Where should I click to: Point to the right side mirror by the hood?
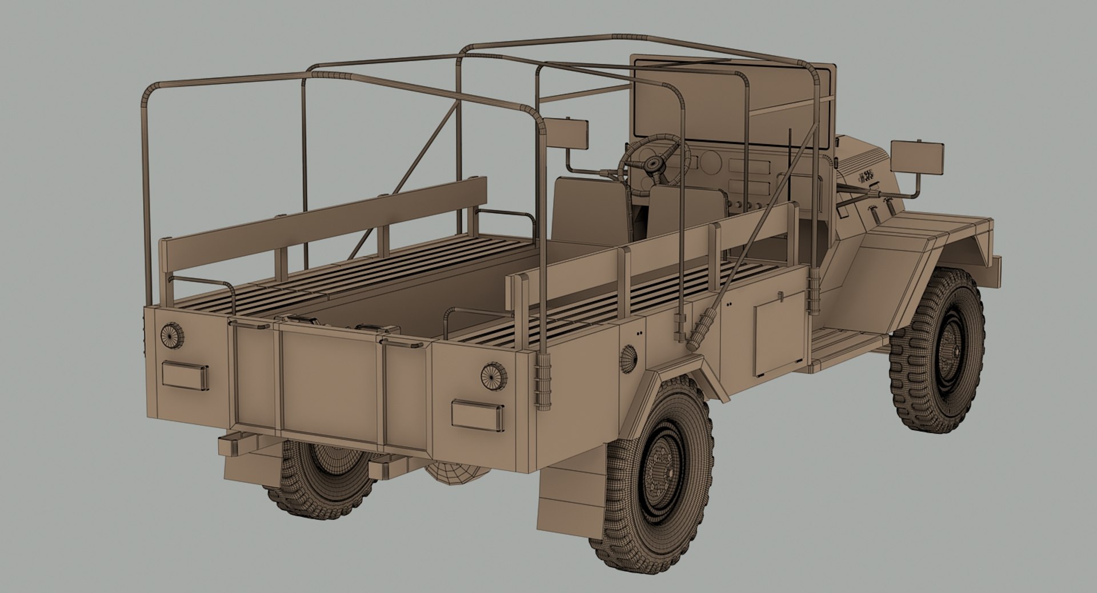click(x=917, y=157)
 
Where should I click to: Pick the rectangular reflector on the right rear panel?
click(x=478, y=415)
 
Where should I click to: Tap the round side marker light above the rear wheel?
click(x=628, y=359)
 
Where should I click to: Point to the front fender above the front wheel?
click(x=926, y=240)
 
